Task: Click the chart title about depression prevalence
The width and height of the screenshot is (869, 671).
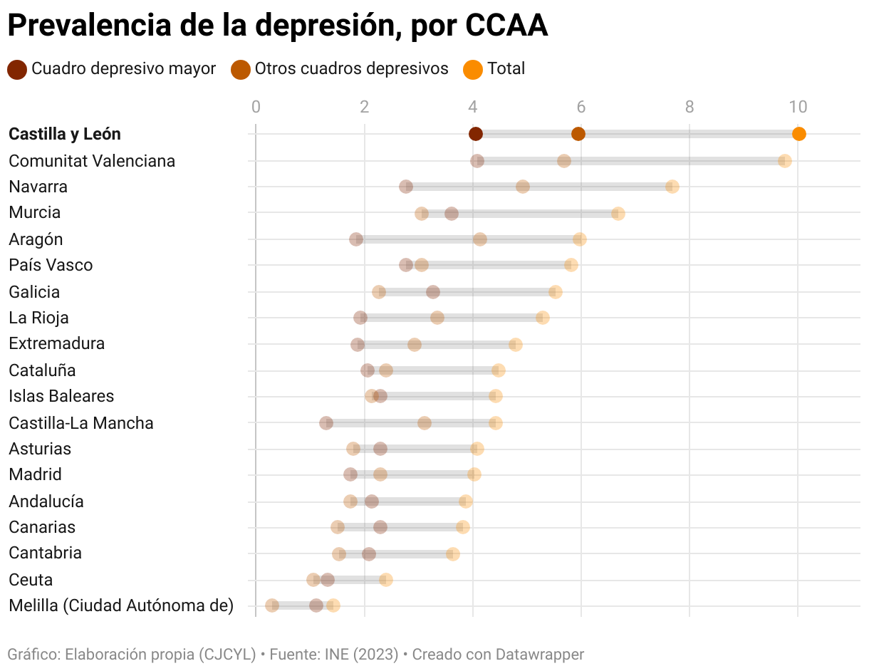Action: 278,26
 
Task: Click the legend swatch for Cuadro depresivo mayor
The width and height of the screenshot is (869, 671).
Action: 17,69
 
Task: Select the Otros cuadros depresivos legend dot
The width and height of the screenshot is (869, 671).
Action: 241,69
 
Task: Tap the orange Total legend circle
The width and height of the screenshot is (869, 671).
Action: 473,69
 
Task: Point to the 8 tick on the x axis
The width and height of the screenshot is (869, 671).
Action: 690,108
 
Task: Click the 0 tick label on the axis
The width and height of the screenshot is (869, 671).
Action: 256,108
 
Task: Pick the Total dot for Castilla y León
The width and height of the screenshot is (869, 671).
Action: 799,134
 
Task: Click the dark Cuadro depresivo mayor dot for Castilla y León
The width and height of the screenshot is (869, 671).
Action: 476,134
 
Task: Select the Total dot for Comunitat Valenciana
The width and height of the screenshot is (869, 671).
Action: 785,161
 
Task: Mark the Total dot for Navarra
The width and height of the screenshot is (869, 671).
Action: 672,187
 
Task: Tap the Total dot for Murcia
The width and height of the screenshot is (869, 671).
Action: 618,214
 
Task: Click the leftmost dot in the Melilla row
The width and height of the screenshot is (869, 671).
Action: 272,605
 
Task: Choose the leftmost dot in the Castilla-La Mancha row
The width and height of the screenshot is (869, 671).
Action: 326,423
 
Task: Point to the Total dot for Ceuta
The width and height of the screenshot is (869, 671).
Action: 386,580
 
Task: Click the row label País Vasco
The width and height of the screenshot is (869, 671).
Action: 51,265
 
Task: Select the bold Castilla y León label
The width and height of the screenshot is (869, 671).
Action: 65,134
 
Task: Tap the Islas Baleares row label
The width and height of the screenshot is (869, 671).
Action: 61,396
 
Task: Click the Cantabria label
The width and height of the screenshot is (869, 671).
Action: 45,553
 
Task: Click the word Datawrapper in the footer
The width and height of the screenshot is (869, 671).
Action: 539,654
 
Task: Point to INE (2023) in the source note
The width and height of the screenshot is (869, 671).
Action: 361,654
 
